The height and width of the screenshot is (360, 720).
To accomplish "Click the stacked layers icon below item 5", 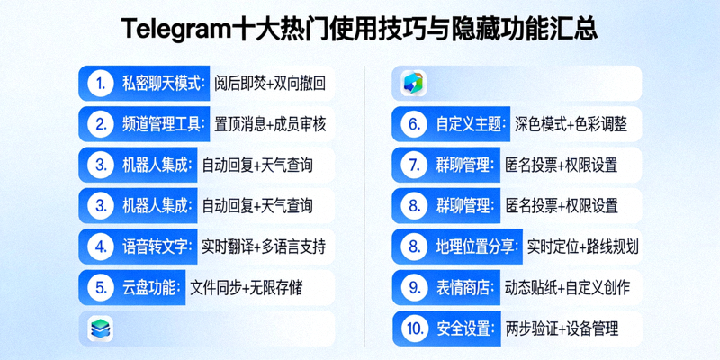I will (101, 328).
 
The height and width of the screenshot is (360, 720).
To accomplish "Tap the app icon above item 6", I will (414, 84).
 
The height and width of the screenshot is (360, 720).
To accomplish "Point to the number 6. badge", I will (414, 124).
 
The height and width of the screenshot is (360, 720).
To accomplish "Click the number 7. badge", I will (414, 166).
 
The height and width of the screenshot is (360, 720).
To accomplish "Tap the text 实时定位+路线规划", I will (582, 247).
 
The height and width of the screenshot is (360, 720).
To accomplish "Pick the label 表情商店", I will (464, 288).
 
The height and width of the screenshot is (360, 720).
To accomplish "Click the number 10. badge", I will (414, 328).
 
